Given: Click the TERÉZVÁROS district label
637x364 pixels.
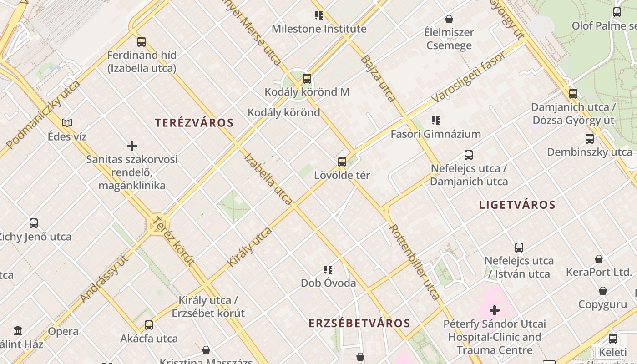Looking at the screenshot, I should tap(194, 123).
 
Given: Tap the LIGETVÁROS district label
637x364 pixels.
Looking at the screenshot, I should tap(517, 205).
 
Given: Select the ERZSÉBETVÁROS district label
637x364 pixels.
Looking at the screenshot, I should tap(359, 324).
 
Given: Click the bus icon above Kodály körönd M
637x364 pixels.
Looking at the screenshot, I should tap(307, 79).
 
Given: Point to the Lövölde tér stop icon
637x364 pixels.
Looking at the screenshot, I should tap(342, 162).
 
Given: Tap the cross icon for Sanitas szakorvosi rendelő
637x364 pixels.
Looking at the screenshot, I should tap(132, 146).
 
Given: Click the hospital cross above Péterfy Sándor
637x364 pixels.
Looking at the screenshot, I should tap(495, 311).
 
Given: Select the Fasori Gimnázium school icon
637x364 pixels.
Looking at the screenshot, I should tap(436, 121).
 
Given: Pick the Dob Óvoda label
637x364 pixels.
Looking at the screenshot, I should tap(329, 283).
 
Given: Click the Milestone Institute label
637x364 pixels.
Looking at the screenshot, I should tap(319, 29).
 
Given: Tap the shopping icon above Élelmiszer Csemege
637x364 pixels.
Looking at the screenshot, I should tap(449, 19).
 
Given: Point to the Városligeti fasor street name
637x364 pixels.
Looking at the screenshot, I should tap(468, 78).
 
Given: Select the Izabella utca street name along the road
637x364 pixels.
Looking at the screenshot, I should tap(268, 179).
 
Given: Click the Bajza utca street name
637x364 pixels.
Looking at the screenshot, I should tap(378, 79).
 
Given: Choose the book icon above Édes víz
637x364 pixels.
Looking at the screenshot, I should tap(67, 123).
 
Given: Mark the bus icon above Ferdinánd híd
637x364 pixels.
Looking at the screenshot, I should tap(142, 42).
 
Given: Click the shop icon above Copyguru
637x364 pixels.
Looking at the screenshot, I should tap(603, 291).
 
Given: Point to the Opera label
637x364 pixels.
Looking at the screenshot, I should tap(63, 331).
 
